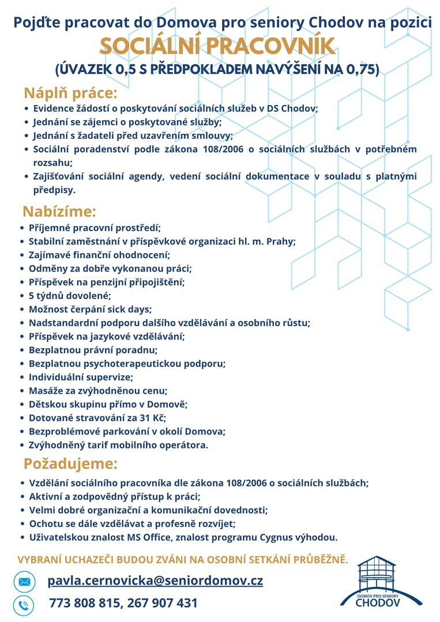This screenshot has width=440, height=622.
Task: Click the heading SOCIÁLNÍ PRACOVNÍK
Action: point(216,47)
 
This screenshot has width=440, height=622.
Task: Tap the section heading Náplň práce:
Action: point(70,93)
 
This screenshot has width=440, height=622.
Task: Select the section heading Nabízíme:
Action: point(59,212)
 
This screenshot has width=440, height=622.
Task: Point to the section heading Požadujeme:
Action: point(70,463)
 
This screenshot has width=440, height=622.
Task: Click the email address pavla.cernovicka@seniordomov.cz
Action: point(155,580)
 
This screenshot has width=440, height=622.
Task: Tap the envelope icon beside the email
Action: point(24,582)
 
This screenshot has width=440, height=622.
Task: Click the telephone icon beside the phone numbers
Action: point(24,605)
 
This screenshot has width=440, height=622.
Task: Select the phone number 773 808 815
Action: point(84,603)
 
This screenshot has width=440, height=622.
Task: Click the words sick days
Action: point(129,310)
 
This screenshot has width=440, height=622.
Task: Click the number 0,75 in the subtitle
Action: point(359,70)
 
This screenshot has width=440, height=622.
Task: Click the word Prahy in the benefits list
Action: point(281,242)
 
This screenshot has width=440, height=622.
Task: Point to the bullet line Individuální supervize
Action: point(81,378)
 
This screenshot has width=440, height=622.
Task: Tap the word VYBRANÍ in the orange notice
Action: point(41,559)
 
